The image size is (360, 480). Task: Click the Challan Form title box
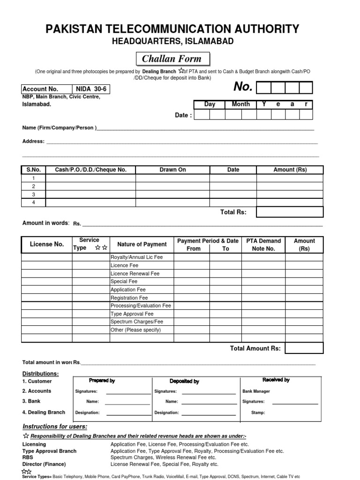point(172,59)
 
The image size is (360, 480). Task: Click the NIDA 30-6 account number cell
point(91,89)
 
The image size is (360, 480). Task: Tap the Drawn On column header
point(172,170)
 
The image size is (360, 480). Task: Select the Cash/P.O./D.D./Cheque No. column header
point(91,170)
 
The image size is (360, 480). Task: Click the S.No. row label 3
point(33,194)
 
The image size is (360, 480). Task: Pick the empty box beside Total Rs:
point(290,212)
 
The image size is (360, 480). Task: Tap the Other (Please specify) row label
point(135,330)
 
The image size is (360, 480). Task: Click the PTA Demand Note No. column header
point(263,245)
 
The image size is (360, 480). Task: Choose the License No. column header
point(46,244)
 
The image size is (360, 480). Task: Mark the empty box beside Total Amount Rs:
point(304,348)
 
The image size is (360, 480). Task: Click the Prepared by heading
point(102,381)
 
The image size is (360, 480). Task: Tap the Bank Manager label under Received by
point(256,391)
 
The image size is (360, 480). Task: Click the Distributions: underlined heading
point(41,374)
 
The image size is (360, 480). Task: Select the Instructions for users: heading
point(55,426)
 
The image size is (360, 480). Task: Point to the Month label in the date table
point(240,104)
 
